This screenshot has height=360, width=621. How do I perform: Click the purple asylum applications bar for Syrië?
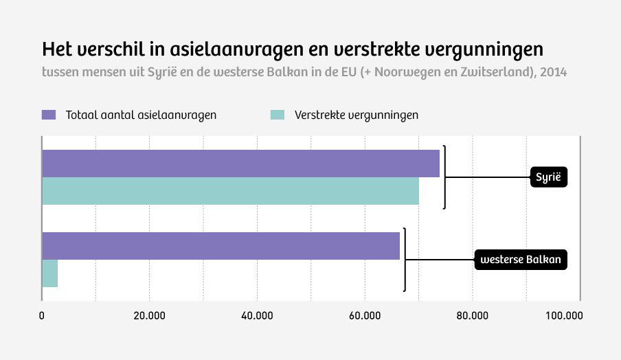click(240, 164)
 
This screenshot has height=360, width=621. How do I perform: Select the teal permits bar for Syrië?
click(230, 191)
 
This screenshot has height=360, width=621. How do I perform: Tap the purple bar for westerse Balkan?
click(221, 246)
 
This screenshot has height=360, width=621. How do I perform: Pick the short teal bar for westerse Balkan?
click(49, 273)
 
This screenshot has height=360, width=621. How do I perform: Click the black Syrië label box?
click(548, 177)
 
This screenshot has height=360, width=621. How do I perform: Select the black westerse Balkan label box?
click(521, 260)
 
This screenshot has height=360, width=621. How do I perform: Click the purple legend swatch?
click(48, 115)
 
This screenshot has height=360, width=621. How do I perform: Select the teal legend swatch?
click(278, 115)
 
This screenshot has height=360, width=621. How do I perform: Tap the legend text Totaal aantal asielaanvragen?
click(141, 115)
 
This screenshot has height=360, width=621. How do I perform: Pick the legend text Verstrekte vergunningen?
click(357, 115)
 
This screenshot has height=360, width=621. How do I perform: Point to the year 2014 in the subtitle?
click(554, 71)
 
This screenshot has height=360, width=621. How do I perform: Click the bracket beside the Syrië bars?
click(444, 177)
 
